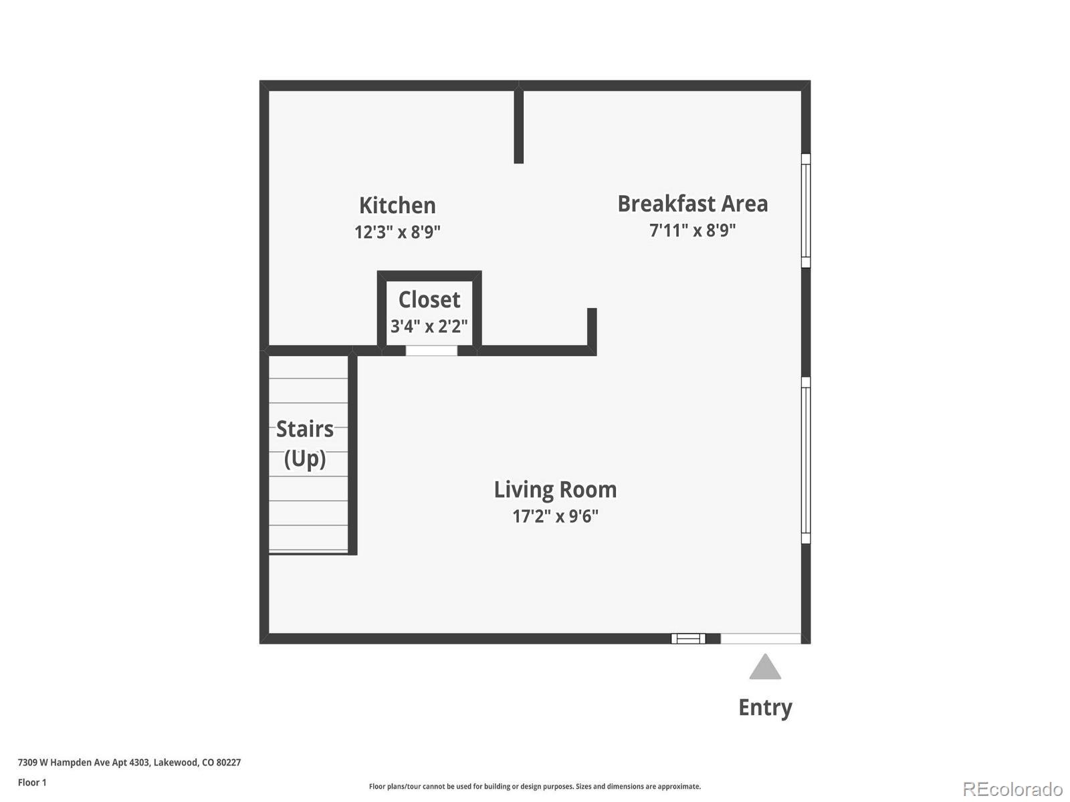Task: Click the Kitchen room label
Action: (397, 205)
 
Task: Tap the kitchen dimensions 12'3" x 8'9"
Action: (397, 232)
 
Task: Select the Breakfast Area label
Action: (692, 204)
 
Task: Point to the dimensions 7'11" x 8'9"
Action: (692, 231)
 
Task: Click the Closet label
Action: (429, 299)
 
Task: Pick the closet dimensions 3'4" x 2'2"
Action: (429, 326)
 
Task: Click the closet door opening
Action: (431, 351)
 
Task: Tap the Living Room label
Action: (555, 490)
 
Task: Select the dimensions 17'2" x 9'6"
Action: (555, 517)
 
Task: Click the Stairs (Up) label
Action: (305, 443)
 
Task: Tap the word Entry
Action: (765, 707)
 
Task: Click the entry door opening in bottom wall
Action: (760, 639)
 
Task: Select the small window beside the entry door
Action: (688, 639)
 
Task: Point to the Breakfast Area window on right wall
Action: (806, 211)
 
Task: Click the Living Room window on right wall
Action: (806, 460)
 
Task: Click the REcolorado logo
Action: (1012, 789)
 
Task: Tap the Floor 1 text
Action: (32, 783)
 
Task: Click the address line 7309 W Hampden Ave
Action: (129, 763)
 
